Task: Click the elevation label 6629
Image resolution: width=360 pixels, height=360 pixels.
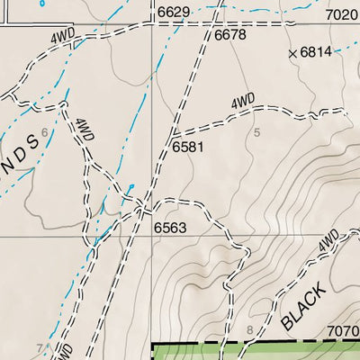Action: click(175, 12)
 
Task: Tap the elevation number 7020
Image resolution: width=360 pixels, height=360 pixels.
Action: click(341, 14)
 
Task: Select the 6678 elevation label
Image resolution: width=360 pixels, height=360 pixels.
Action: click(230, 35)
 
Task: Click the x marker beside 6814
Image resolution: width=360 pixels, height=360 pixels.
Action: click(292, 54)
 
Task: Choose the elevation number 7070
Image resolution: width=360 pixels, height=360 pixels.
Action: click(343, 330)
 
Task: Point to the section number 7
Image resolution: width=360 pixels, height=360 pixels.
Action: click(39, 347)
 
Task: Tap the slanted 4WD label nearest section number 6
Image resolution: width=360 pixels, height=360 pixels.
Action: click(85, 130)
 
